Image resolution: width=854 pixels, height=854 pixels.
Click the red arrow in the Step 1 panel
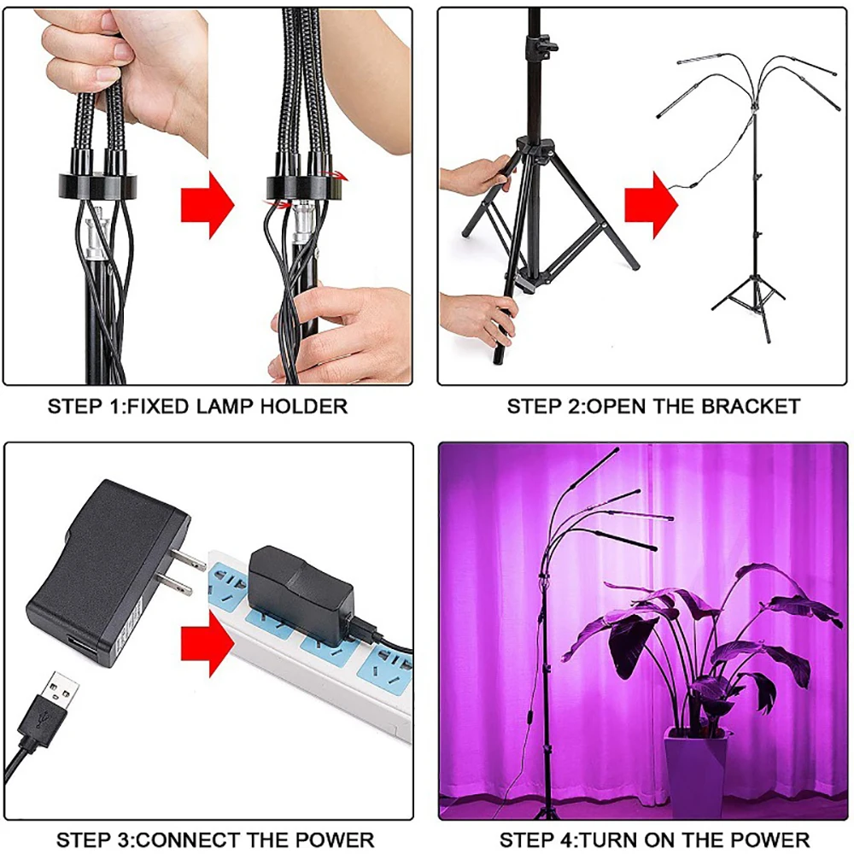208,205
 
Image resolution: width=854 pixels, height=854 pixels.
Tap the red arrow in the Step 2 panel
652,205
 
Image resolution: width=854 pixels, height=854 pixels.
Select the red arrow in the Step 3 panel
208,643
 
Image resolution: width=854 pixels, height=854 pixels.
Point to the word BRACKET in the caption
751,407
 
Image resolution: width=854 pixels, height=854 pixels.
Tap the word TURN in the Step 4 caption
602,839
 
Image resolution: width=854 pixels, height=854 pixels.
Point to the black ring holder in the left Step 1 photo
91,185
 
